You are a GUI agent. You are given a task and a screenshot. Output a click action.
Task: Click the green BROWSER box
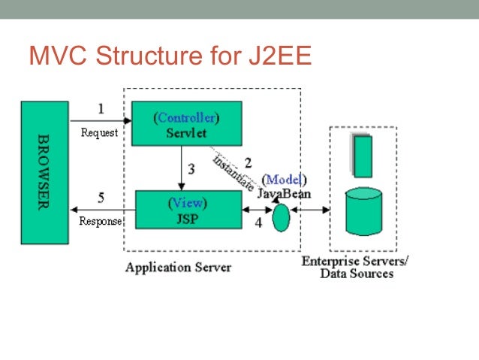tap(44, 172)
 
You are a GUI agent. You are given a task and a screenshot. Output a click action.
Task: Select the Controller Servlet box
tap(187, 125)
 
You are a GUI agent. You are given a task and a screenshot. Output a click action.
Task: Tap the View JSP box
tap(188, 210)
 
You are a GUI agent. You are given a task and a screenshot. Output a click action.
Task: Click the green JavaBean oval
tap(280, 218)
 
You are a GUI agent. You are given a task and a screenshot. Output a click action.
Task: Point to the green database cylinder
tap(363, 213)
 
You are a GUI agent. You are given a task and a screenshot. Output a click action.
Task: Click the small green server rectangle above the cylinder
tap(363, 156)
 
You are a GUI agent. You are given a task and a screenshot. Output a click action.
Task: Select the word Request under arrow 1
tap(99, 133)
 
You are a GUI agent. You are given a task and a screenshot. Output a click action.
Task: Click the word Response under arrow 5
tap(100, 222)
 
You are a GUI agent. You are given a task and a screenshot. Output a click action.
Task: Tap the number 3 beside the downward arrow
tap(191, 169)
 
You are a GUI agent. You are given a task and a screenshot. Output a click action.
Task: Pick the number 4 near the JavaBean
tap(258, 222)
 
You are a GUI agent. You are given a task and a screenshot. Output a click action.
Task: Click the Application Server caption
tap(178, 267)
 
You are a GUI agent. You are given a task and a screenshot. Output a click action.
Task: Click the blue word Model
tap(284, 179)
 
